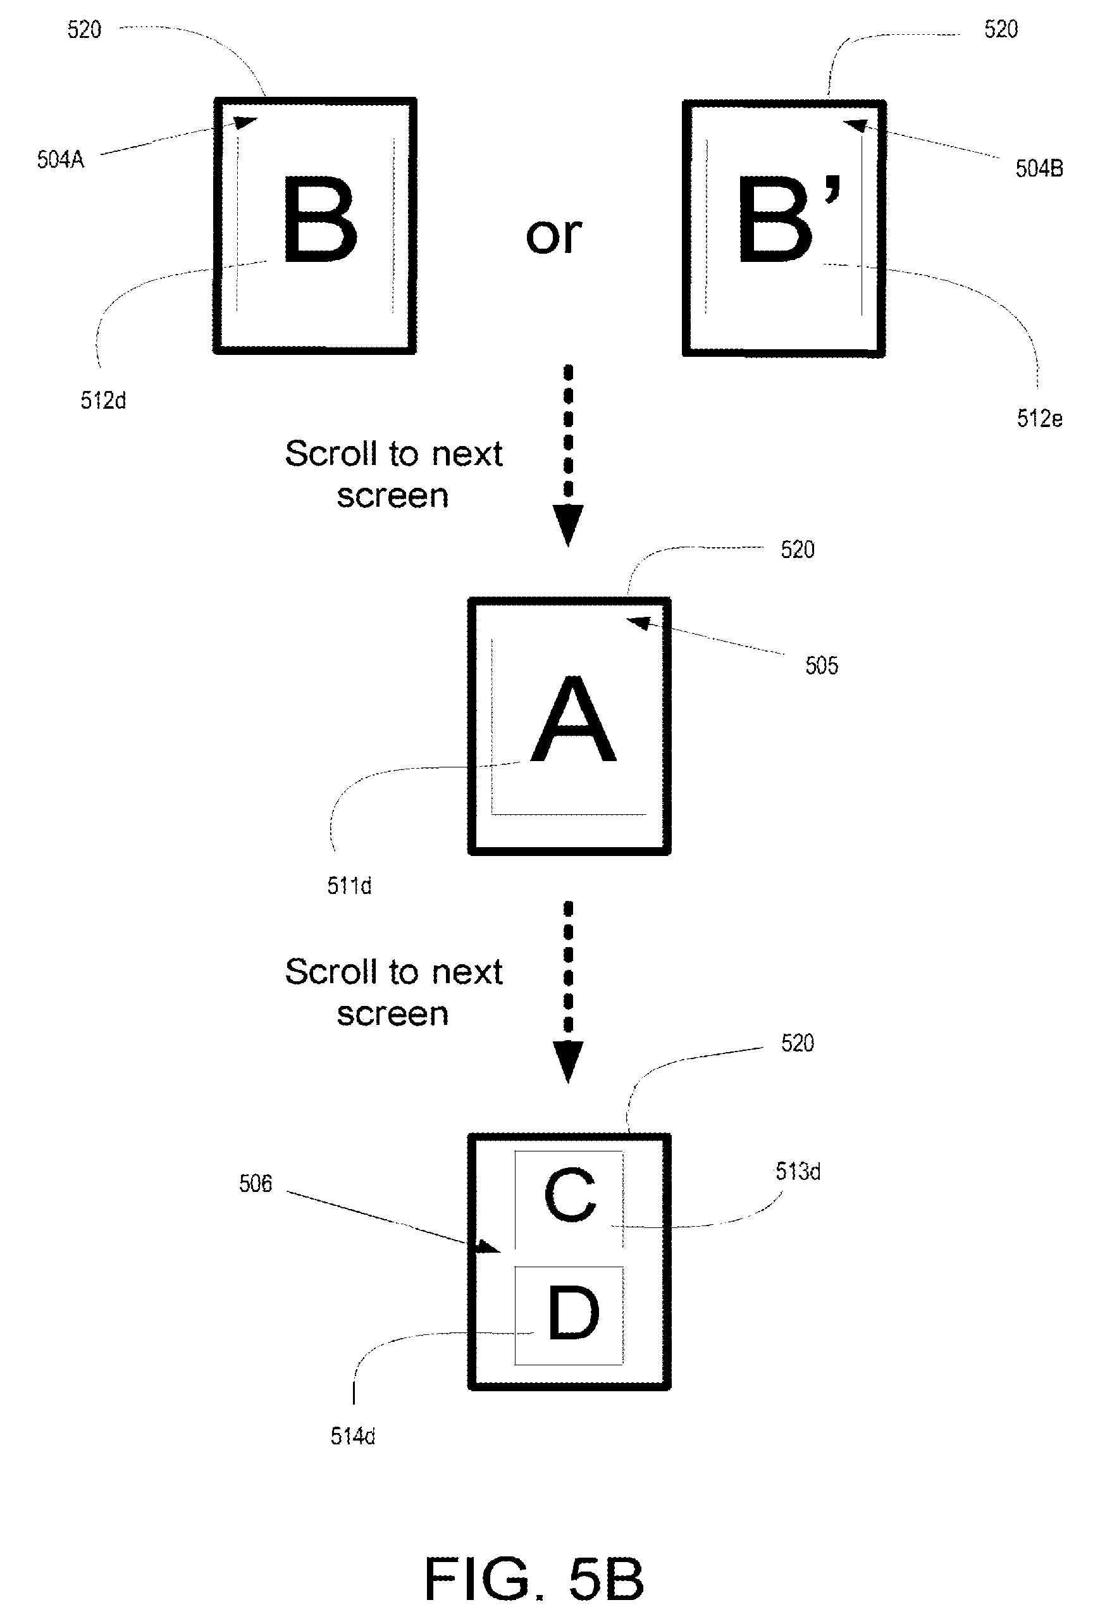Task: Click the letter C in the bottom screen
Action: click(570, 1196)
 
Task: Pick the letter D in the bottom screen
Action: click(573, 1313)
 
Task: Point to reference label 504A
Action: click(61, 159)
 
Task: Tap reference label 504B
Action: click(1039, 168)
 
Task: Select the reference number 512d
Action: click(103, 400)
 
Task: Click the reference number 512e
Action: click(1039, 418)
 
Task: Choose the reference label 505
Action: click(822, 666)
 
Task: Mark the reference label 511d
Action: click(350, 886)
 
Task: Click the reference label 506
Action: click(256, 1184)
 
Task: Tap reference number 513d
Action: click(798, 1171)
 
